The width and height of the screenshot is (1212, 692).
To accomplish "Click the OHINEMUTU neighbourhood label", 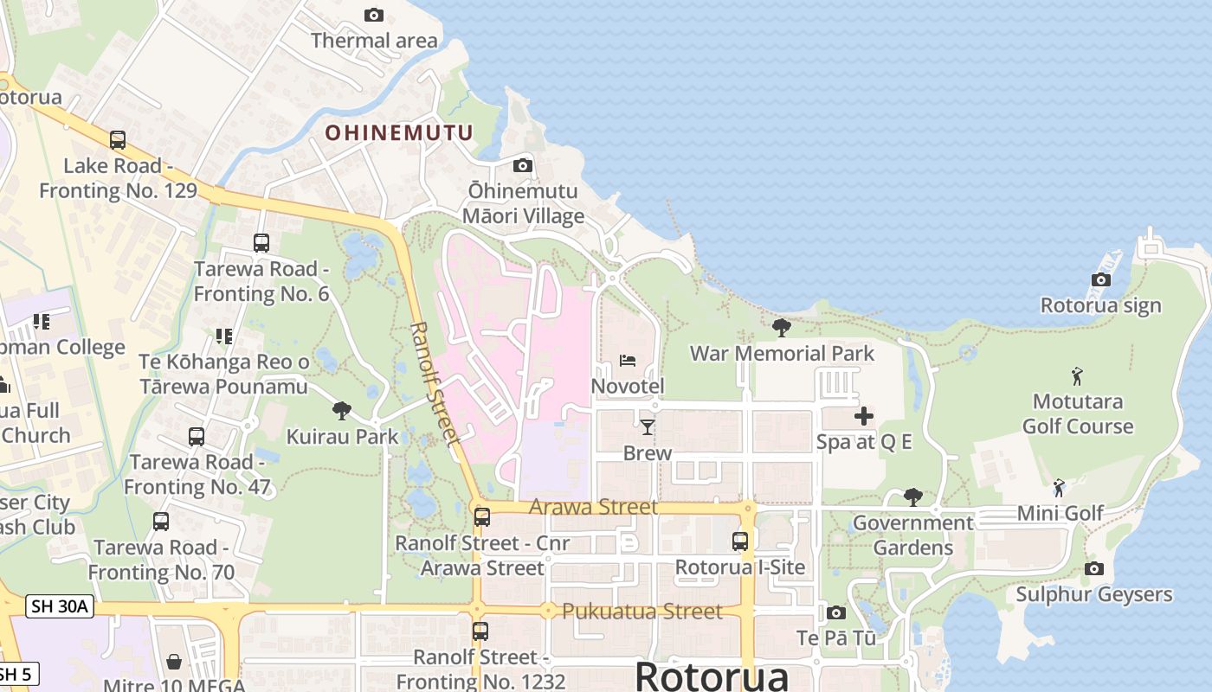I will (399, 132).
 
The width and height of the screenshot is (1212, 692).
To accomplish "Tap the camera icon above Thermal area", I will (374, 15).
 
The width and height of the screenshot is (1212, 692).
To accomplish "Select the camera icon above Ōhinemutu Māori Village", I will (523, 165).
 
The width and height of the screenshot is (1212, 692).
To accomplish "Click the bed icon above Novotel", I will (628, 360).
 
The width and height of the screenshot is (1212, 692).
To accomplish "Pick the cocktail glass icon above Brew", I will (647, 426).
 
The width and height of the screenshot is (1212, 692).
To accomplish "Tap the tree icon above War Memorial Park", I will (781, 327).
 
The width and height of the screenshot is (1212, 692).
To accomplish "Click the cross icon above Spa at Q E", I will (863, 416).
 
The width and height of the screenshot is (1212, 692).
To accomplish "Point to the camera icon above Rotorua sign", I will (1100, 279).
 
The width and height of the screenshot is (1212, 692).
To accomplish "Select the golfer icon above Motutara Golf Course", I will (1077, 376).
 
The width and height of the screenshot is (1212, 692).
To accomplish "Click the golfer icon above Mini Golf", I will (1059, 488).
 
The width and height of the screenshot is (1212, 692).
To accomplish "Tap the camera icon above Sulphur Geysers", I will (1093, 568).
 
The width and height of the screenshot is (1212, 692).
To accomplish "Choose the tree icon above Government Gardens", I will (912, 497).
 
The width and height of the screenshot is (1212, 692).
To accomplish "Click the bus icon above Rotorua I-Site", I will (740, 541).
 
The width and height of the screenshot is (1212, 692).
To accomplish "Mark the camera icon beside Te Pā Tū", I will (835, 612).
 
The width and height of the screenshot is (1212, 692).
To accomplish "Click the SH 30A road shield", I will (59, 606).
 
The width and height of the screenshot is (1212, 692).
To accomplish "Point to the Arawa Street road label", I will (593, 507).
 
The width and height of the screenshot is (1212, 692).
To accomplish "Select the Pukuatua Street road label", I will (641, 612).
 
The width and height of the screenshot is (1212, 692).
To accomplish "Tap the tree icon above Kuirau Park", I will (342, 410).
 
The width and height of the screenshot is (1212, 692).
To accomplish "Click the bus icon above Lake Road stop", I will (118, 139).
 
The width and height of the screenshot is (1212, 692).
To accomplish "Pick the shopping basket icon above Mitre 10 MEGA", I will (174, 662).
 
